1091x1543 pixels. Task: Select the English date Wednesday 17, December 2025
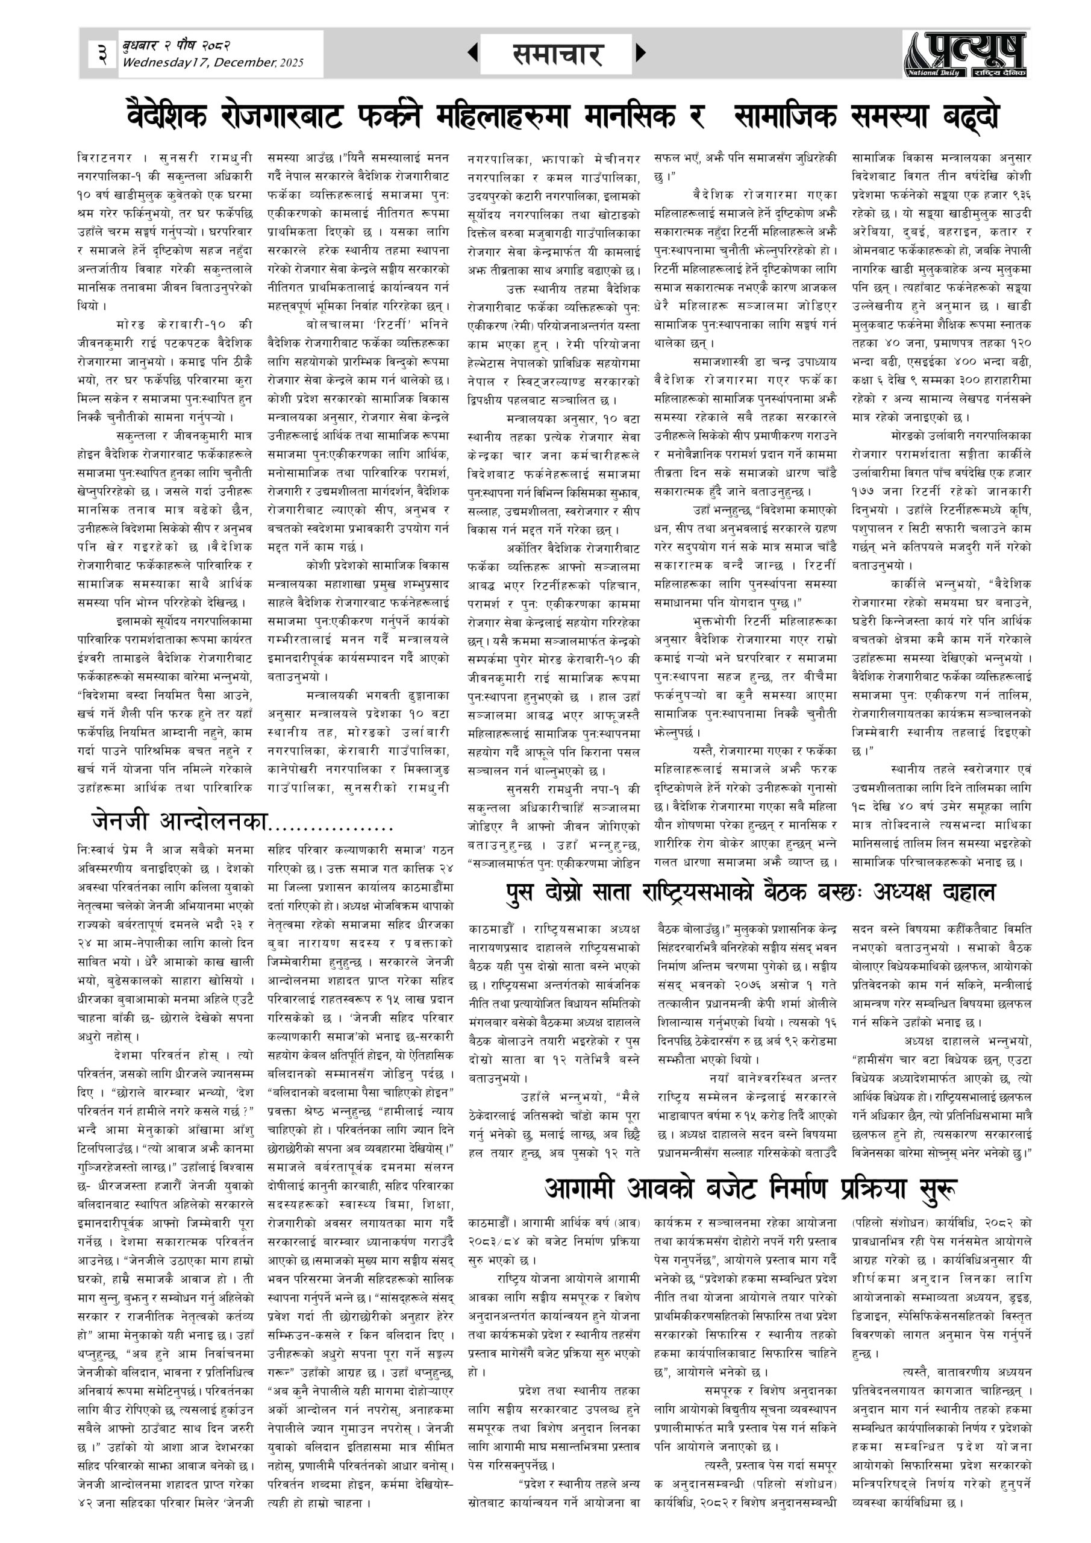point(212,63)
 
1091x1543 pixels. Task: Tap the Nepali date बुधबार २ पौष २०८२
point(176,46)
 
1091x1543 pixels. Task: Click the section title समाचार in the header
point(557,54)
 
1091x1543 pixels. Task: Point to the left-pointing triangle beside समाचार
point(473,52)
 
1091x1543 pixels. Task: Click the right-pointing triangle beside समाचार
point(640,52)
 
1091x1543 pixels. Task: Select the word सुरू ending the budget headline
point(932,1188)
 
